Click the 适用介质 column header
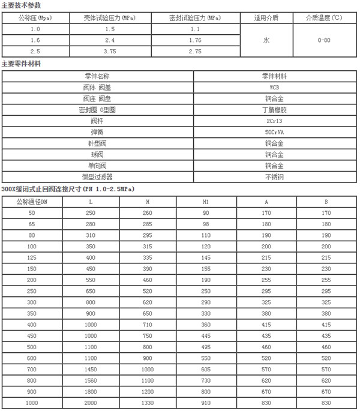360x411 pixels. (266, 18)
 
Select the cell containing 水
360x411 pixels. (266, 40)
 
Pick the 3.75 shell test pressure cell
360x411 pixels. (109, 52)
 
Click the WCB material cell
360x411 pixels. (275, 88)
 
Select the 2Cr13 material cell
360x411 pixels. (275, 121)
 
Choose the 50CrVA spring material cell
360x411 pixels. (275, 131)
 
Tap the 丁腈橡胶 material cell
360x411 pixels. (275, 110)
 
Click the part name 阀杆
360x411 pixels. (97, 121)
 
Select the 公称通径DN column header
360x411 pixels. (31, 202)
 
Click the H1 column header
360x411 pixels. (205, 202)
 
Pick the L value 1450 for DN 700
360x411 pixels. (91, 369)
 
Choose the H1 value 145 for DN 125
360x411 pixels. (205, 257)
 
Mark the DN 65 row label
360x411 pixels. (31, 224)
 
